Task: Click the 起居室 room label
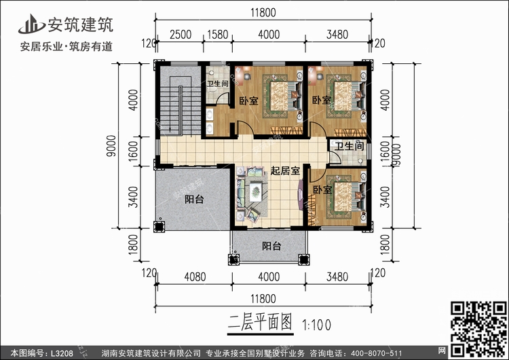click(285, 171)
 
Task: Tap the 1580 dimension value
click(216, 34)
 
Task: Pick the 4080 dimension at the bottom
click(195, 276)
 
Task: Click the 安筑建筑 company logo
click(68, 25)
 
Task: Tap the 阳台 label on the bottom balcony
click(271, 247)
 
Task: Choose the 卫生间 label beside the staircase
click(217, 85)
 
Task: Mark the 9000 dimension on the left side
click(112, 146)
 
